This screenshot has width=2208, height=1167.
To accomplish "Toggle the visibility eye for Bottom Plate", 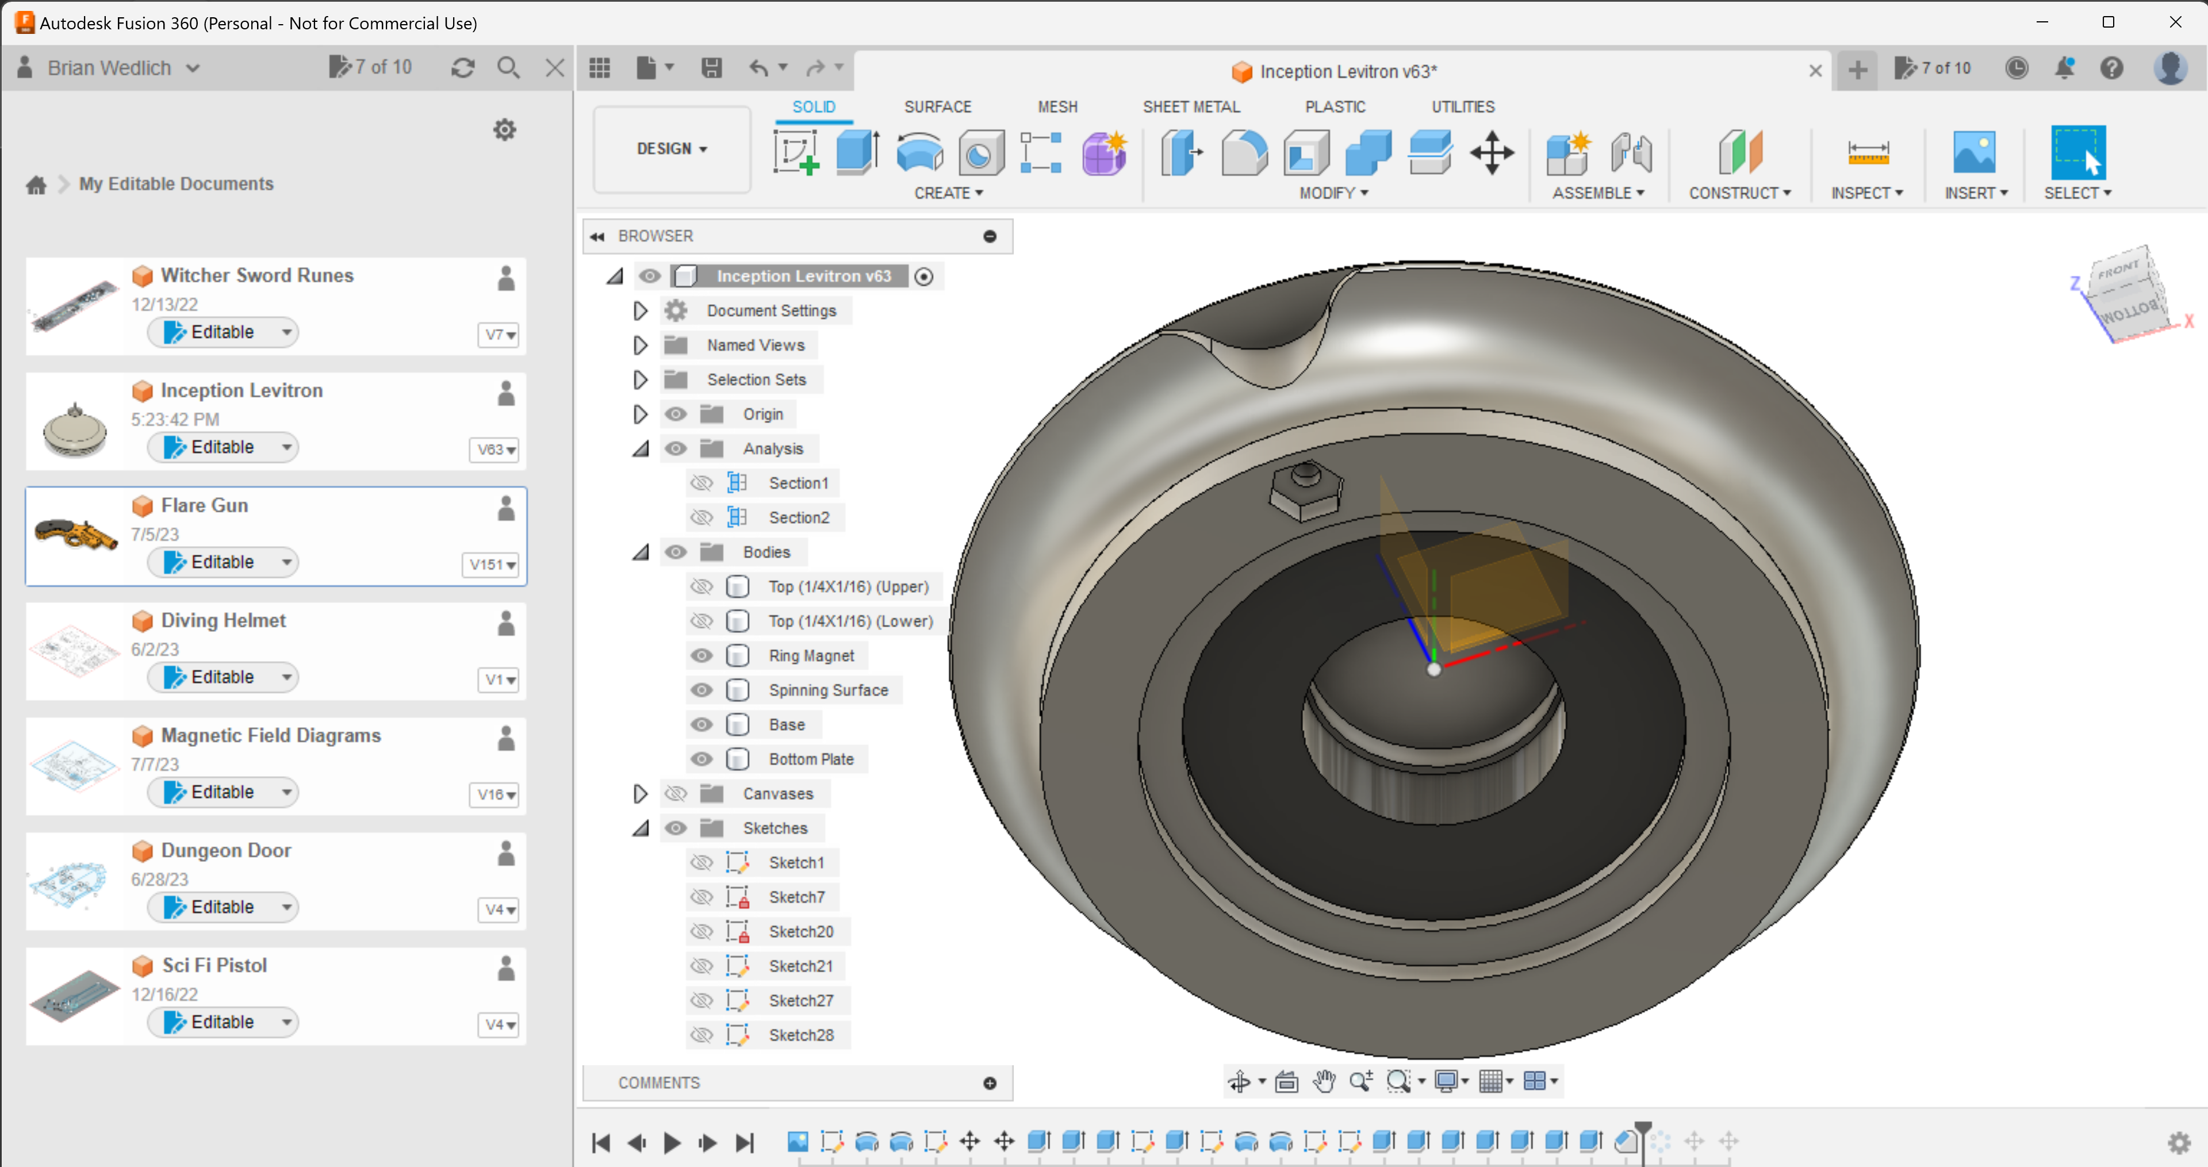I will point(701,759).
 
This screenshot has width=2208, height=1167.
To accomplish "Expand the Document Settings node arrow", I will point(639,310).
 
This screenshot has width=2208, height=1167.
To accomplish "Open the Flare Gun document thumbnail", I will point(75,535).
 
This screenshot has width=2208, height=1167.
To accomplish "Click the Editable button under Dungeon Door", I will point(221,907).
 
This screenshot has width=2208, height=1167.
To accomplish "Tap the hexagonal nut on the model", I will point(1305,491).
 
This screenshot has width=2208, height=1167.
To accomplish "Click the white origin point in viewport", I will point(1433,669).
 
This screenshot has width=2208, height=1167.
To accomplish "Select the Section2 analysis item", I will point(798,517).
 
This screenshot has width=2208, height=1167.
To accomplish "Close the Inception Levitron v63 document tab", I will point(1815,70).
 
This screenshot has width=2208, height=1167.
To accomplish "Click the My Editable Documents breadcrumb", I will point(176,183).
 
